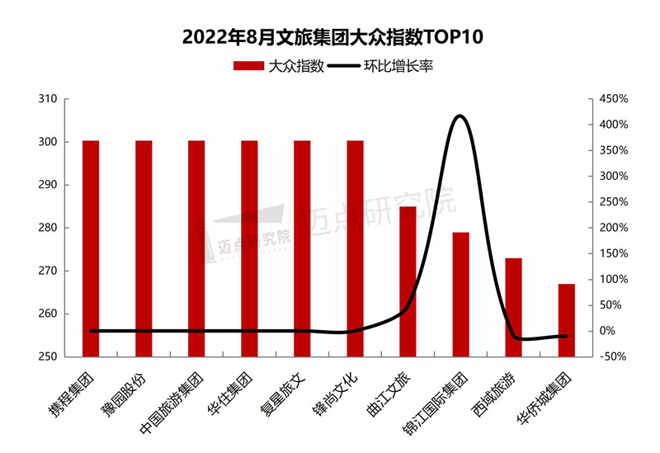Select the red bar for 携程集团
[91, 248]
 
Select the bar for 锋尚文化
[355, 248]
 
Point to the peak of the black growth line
[460, 116]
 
